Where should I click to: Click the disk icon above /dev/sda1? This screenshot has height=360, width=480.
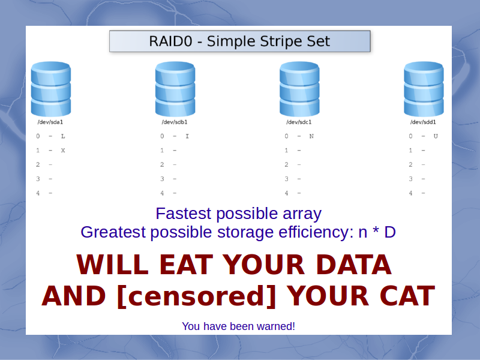pyautogui.click(x=51, y=89)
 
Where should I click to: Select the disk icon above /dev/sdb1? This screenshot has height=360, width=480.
pyautogui.click(x=175, y=89)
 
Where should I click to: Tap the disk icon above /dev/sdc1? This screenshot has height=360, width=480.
pyautogui.click(x=299, y=89)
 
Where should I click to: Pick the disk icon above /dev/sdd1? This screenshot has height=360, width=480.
pyautogui.click(x=424, y=89)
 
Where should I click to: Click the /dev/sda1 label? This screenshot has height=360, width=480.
pyautogui.click(x=50, y=122)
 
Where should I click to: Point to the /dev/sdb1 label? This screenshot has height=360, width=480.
pyautogui.click(x=175, y=122)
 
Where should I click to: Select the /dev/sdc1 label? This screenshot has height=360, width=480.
pyautogui.click(x=299, y=122)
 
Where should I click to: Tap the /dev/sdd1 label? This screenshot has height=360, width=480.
pyautogui.click(x=423, y=122)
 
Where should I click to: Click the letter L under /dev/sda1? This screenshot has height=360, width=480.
pyautogui.click(x=63, y=136)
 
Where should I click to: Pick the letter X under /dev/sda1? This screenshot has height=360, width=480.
pyautogui.click(x=63, y=151)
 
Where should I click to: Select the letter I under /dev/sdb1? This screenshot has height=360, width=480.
pyautogui.click(x=187, y=136)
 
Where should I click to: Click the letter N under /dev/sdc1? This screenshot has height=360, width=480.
pyautogui.click(x=311, y=136)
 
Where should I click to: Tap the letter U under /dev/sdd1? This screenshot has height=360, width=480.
pyautogui.click(x=436, y=136)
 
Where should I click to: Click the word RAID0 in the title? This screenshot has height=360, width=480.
pyautogui.click(x=170, y=41)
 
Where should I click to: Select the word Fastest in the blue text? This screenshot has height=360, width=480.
pyautogui.click(x=183, y=214)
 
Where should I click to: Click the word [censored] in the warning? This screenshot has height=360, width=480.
pyautogui.click(x=197, y=296)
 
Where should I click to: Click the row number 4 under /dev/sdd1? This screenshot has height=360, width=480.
pyautogui.click(x=410, y=193)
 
